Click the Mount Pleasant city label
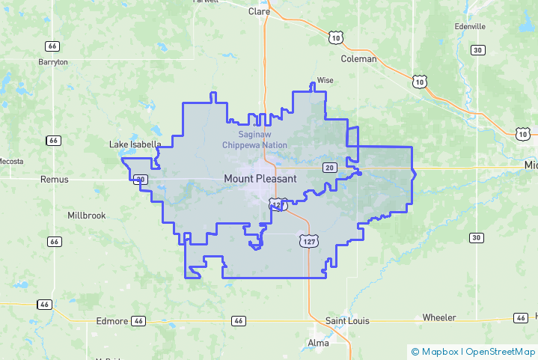pos(260,179)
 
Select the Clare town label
pos(259,11)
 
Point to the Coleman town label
pos(358,58)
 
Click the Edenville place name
pos(470,26)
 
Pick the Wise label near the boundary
pos(325,80)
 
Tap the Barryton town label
pos(53,62)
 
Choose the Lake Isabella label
pos(135,144)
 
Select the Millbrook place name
pos(87,216)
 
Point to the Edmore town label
pos(112,321)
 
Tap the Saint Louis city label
pos(347,321)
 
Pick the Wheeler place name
pos(439,318)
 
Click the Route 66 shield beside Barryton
pos(52,46)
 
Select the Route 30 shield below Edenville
pos(477,50)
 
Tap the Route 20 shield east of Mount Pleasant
pos(329,167)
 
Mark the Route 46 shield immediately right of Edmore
pos(138,321)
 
